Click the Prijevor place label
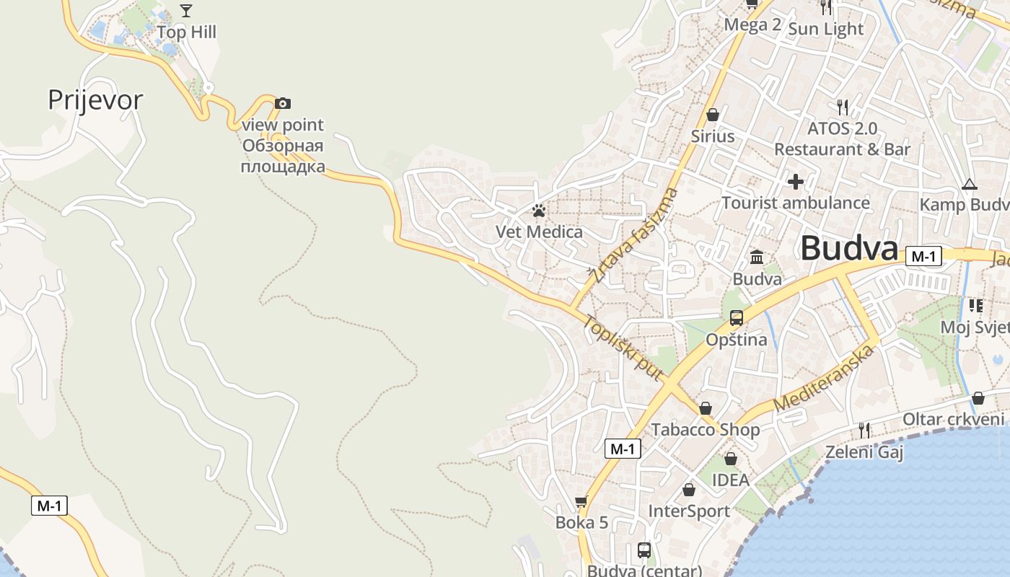[95, 100]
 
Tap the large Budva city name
[849, 249]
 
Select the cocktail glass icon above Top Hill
[186, 10]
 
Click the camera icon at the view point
[283, 103]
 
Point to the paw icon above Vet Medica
[539, 211]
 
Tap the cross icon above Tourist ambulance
[796, 181]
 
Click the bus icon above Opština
[737, 317]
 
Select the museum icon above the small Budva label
[757, 257]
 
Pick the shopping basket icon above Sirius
[713, 115]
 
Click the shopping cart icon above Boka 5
[581, 501]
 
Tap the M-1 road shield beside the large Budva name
[923, 256]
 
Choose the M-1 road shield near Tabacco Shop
[622, 449]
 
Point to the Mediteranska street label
[825, 378]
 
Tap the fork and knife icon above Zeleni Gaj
[864, 430]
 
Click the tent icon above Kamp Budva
[969, 184]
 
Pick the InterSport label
[689, 511]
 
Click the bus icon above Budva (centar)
[644, 550]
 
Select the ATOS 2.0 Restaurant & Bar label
[842, 138]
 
